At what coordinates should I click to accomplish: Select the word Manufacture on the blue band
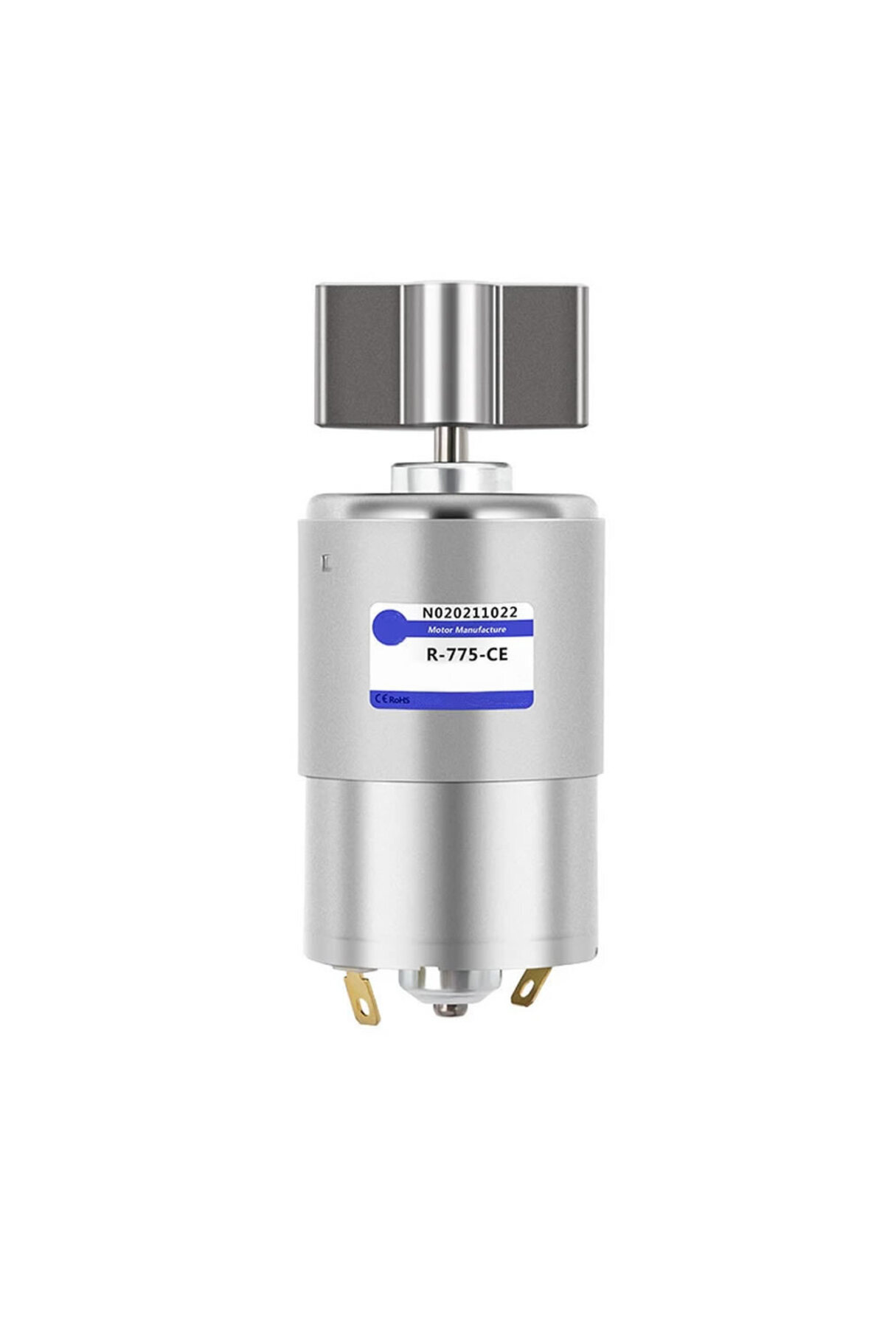click(479, 629)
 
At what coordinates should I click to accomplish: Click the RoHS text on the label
click(400, 697)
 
